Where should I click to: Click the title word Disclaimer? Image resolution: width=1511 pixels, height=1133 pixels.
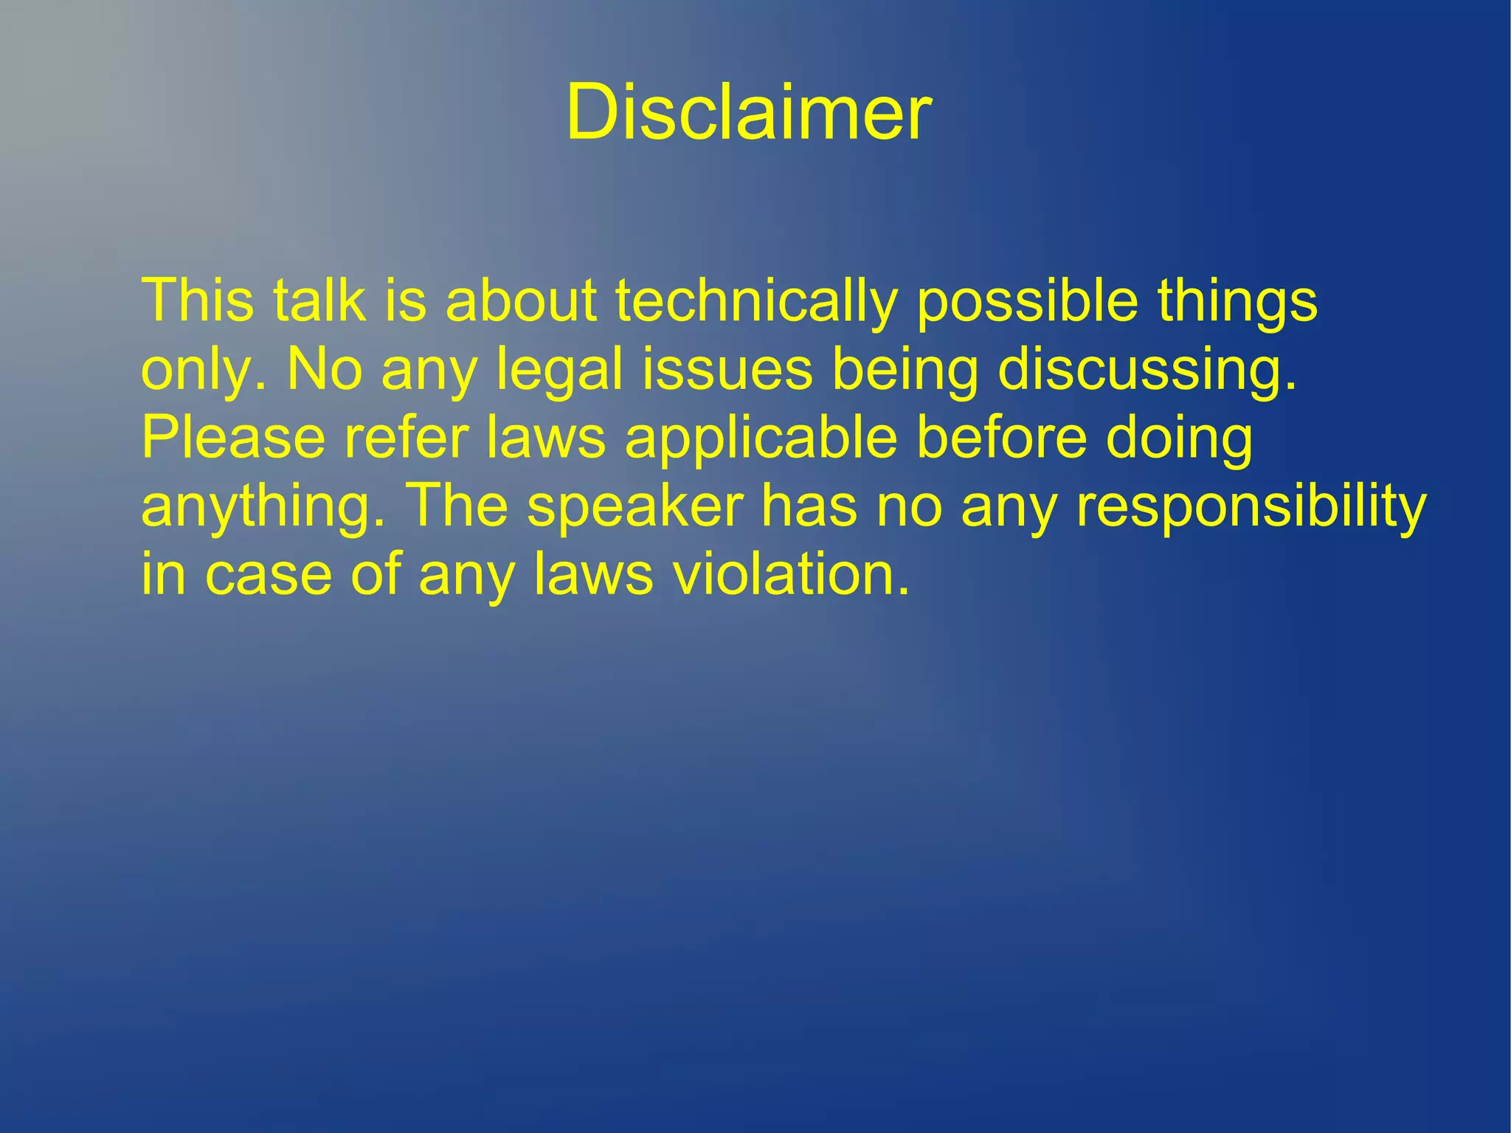coord(748,112)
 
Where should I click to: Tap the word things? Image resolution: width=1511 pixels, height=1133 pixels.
coord(1237,301)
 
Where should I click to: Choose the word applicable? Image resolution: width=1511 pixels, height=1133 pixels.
coord(761,438)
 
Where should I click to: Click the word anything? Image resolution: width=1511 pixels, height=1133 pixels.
coord(263,508)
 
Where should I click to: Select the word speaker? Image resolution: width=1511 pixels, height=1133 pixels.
coord(635,508)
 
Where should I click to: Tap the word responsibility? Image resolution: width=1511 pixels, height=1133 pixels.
coord(1251,508)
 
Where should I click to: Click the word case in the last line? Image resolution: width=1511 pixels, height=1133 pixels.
coord(269,575)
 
